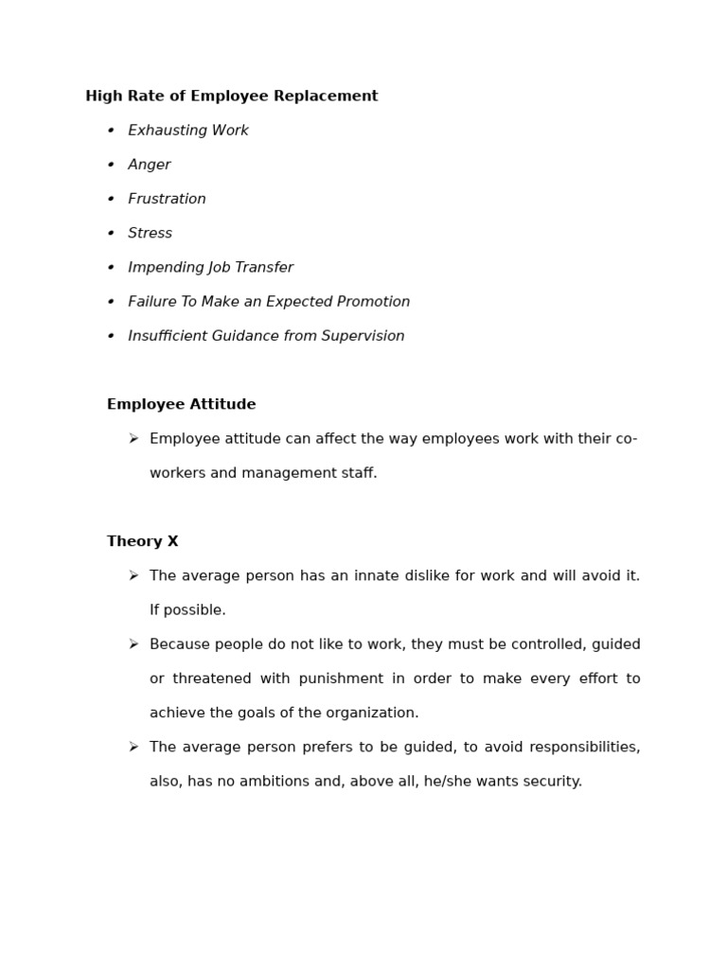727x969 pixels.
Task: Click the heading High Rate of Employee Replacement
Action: click(x=231, y=97)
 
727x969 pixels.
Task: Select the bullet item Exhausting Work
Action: click(x=188, y=131)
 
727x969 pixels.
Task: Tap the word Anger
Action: click(x=150, y=165)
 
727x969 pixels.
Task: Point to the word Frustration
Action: click(x=167, y=199)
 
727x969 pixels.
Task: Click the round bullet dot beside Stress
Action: click(x=111, y=234)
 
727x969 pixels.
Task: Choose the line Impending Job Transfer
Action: click(x=210, y=268)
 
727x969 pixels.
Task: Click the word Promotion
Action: click(x=374, y=302)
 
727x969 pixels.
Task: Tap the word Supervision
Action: click(x=364, y=336)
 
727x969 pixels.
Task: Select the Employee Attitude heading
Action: click(x=181, y=405)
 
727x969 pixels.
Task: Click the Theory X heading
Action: click(x=142, y=542)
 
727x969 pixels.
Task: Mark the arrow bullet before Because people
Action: click(x=133, y=644)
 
